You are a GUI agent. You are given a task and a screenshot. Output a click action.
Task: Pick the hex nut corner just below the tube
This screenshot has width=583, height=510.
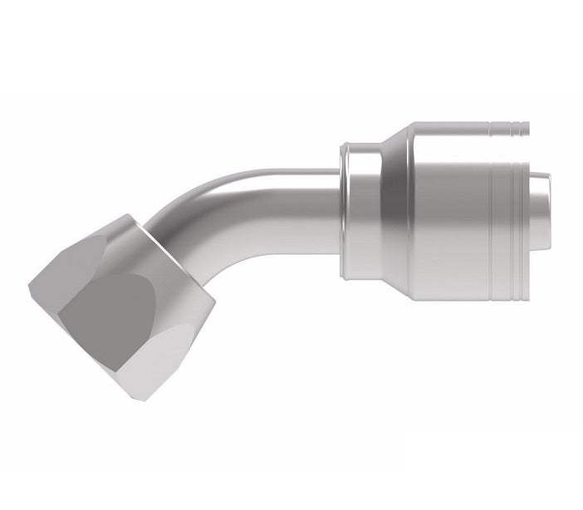click(x=218, y=292)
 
